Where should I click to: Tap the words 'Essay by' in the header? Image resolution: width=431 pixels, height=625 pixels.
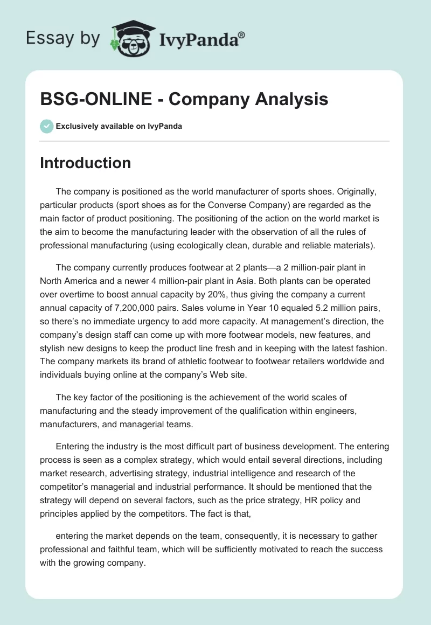click(x=62, y=38)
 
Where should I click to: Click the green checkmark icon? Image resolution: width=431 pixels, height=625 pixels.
click(x=46, y=126)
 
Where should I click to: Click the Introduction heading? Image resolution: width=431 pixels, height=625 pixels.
click(x=85, y=163)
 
